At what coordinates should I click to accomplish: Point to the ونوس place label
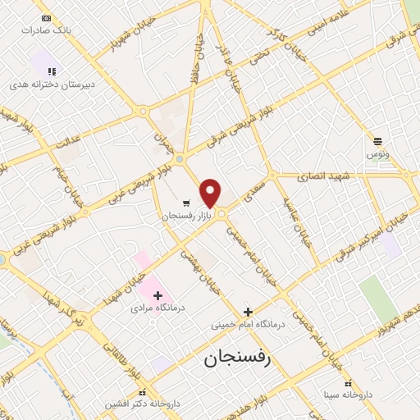coord(378,153)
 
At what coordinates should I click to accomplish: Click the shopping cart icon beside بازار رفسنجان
coord(187,203)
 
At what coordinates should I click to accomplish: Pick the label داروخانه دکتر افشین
coord(142,404)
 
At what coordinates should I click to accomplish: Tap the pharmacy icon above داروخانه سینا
coord(349,383)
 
